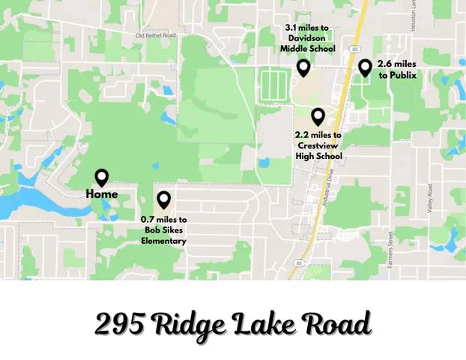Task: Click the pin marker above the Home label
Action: [x=102, y=178]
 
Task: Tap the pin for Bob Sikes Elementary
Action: [x=163, y=200]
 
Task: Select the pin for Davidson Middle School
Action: [x=303, y=68]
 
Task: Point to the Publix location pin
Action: [x=365, y=68]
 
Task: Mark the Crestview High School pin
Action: [x=318, y=117]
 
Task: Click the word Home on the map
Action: [x=102, y=194]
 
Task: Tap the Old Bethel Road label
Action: [x=156, y=35]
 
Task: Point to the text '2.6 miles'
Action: [x=397, y=64]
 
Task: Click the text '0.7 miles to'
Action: [x=164, y=219]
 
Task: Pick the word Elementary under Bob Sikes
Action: [x=164, y=241]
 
